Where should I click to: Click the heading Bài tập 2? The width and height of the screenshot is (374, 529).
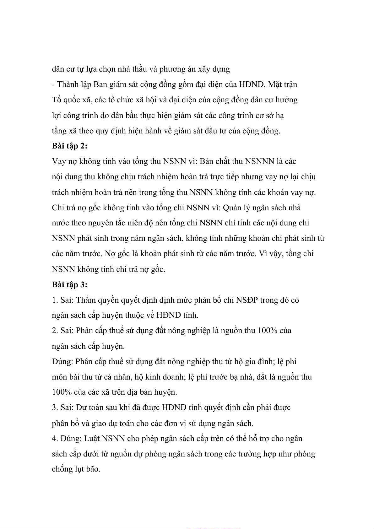click(x=69, y=146)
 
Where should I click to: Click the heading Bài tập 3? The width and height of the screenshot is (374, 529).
click(x=69, y=285)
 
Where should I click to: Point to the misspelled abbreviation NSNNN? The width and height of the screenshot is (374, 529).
click(x=259, y=161)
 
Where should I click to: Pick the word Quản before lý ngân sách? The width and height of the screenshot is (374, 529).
click(x=232, y=208)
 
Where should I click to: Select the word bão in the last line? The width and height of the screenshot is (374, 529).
click(x=94, y=469)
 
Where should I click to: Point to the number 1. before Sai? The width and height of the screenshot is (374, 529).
click(x=55, y=300)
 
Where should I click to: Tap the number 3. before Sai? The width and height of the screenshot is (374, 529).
click(x=55, y=408)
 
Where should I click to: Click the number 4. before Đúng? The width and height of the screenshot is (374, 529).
click(x=55, y=439)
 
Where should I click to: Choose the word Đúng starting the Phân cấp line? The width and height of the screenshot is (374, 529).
click(x=62, y=362)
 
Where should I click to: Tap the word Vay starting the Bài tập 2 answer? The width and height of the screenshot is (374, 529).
click(x=59, y=162)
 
